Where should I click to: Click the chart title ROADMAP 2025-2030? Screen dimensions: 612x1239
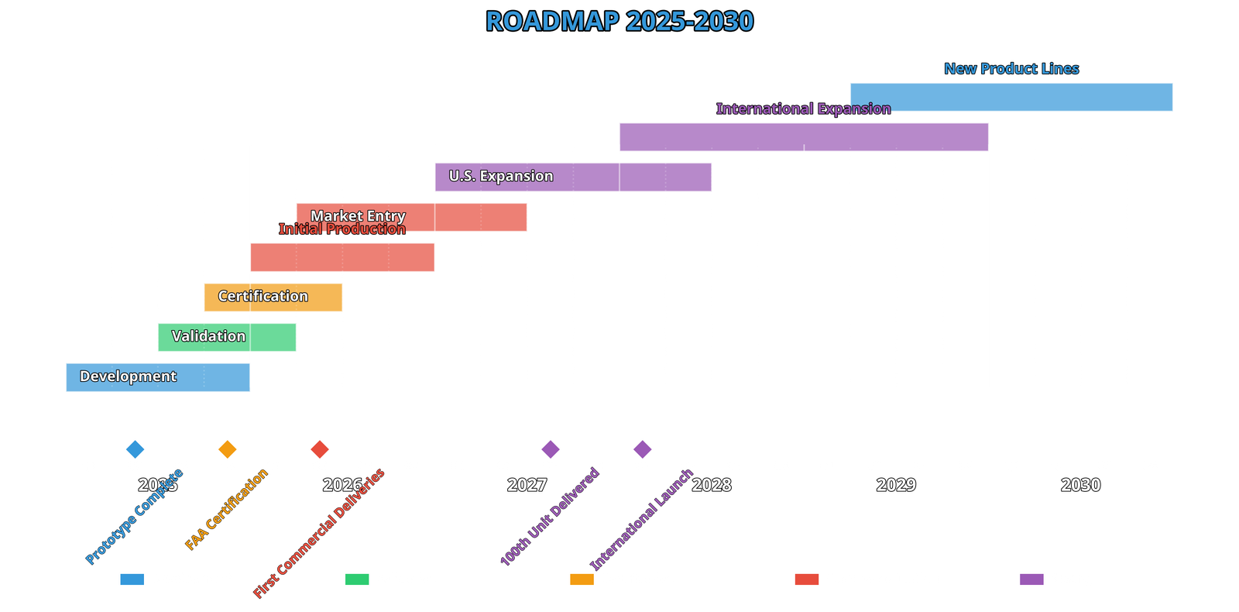pos(619,21)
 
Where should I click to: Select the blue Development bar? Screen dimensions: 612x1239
pos(158,376)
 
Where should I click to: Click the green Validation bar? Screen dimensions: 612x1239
pos(227,337)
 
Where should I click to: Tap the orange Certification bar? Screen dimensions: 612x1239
pos(273,297)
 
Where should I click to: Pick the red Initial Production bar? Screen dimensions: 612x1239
pos(341,257)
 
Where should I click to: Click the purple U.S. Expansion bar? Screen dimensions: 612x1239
pos(573,177)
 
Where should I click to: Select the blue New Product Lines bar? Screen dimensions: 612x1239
pos(1011,97)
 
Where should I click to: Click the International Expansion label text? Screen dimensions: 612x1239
pos(803,108)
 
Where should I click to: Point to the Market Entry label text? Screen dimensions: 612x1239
pos(358,215)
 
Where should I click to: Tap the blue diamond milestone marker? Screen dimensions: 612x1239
pos(135,449)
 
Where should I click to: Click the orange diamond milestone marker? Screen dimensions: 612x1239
pos(227,449)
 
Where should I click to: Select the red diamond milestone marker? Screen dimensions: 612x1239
pos(319,449)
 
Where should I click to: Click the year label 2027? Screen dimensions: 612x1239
pos(527,485)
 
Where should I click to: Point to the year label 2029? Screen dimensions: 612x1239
pos(896,485)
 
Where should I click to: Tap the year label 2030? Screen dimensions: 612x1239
pos(1080,485)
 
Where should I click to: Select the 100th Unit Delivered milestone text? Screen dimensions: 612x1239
pos(549,517)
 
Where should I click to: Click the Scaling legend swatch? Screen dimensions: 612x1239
pos(1031,579)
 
